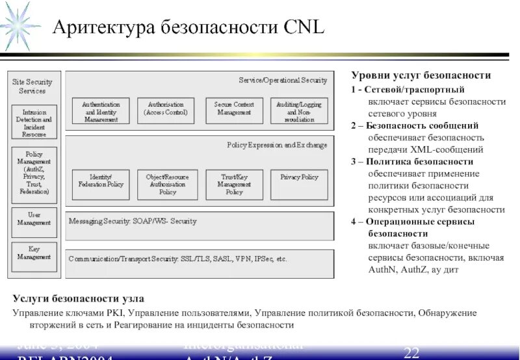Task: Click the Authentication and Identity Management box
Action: pos(100,112)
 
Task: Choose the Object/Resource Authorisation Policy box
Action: pos(164,184)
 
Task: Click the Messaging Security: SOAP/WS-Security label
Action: pos(133,221)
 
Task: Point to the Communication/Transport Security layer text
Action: pos(177,258)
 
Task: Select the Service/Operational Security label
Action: pos(282,80)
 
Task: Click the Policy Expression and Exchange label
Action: pos(277,146)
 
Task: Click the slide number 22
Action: pos(411,353)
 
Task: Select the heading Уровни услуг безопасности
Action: pos(421,76)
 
